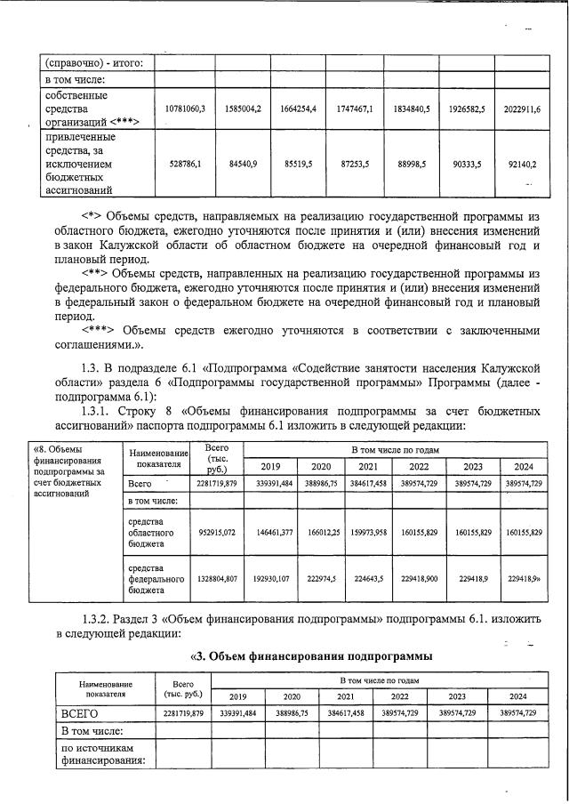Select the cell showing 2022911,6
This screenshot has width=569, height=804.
coord(517,108)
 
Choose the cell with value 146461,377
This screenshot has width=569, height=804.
coord(272,532)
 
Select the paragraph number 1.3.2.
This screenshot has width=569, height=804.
coord(100,618)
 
